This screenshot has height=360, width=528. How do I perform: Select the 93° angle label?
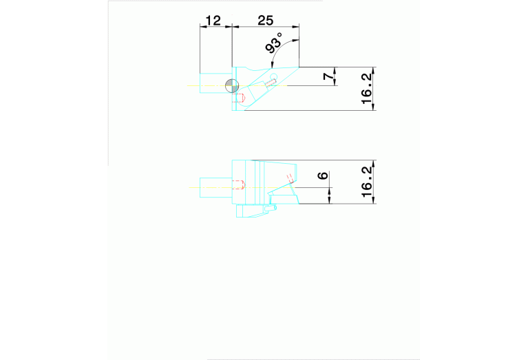coord(274,45)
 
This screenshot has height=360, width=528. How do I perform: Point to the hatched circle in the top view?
coord(233,85)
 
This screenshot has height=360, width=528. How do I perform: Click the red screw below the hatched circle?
coord(240,98)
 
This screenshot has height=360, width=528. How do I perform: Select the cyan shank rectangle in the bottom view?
coord(215,188)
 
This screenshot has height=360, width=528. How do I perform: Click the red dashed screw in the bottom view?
coord(239,184)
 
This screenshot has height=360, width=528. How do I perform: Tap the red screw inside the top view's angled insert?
coord(271,83)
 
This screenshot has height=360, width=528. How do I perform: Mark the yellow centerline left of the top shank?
coord(193,85)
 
